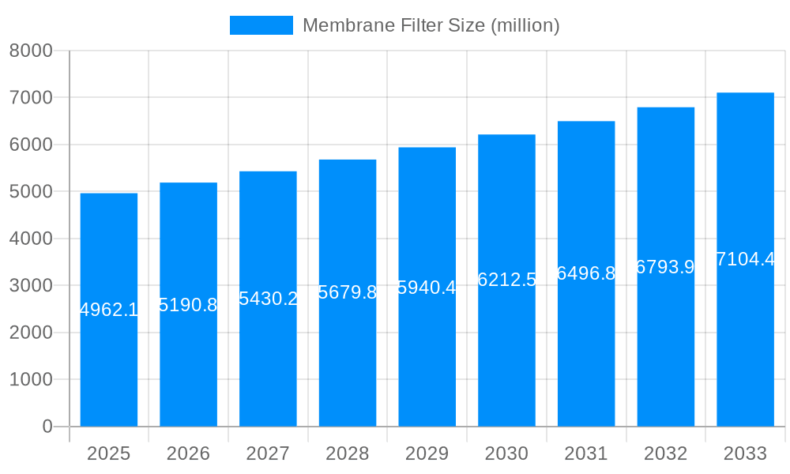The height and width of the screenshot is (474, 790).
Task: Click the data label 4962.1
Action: point(109,310)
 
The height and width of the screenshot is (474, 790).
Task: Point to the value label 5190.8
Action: point(188,305)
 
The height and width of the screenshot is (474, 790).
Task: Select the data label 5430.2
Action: point(268,299)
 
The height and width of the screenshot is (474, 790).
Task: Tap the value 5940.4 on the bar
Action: point(427,288)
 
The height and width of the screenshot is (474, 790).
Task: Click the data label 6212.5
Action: point(506,280)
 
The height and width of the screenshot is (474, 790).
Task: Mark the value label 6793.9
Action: point(665,267)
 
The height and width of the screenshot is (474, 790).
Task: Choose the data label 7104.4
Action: point(745,259)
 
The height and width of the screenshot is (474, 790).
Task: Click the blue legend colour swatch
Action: point(261,25)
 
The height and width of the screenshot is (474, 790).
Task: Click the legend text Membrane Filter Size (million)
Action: point(431,25)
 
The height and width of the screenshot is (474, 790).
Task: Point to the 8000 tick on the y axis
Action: point(31,51)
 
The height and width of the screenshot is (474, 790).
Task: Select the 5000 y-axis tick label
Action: point(31,192)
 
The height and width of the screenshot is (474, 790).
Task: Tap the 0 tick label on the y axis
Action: point(47,427)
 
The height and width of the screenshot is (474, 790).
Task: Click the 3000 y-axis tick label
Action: point(31,286)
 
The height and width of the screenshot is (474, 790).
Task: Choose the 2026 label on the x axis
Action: point(188,453)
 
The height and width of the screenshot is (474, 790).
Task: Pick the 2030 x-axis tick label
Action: point(506,453)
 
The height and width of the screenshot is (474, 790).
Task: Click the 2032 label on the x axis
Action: point(665,453)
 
